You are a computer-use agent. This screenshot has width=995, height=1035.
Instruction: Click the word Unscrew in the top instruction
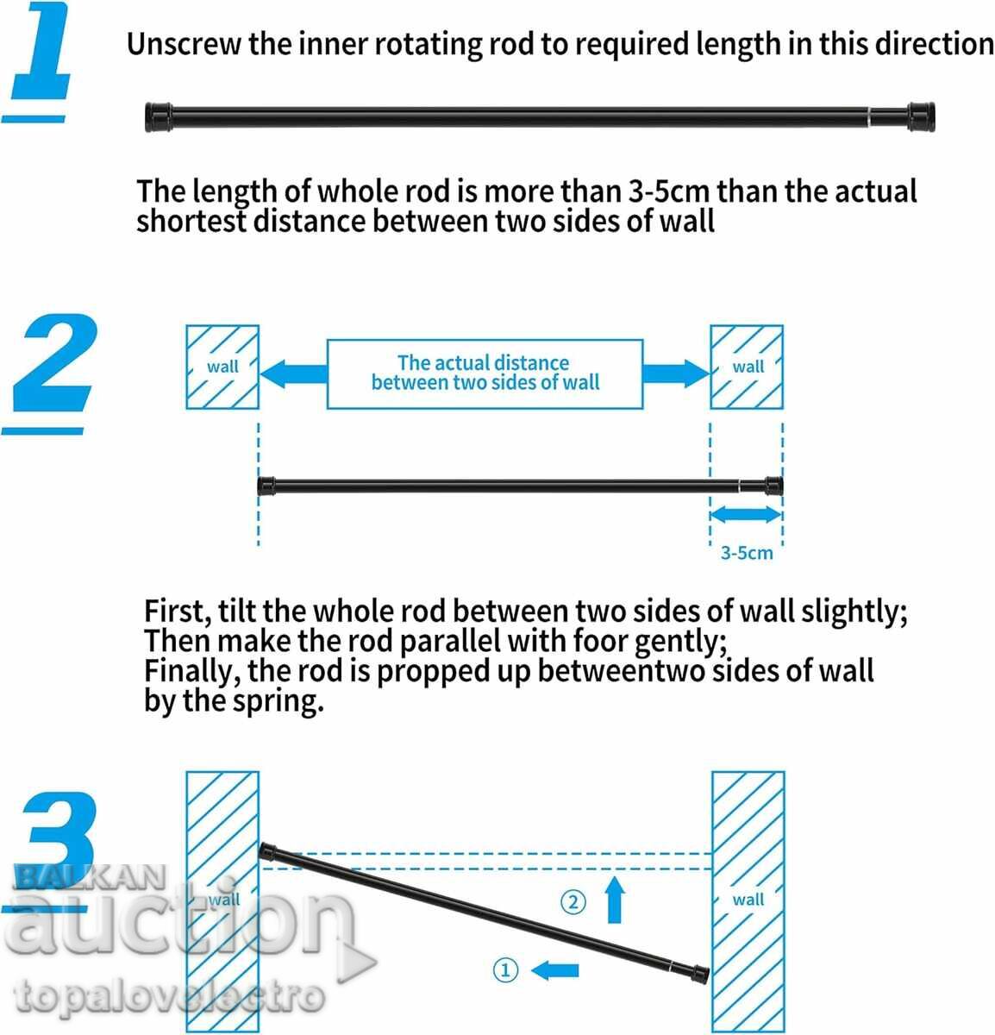pos(184,44)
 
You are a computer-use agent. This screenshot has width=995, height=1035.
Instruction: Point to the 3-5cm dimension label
pos(747,553)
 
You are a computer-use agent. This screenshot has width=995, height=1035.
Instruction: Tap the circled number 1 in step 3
pos(505,969)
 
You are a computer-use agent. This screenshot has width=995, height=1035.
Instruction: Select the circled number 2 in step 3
pos(573,902)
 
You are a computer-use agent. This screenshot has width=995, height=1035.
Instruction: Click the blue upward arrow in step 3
pos(615,900)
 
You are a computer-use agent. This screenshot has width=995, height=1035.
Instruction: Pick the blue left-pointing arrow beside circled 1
pos(554,970)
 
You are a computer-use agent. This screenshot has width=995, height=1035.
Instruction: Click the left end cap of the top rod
pos(158,117)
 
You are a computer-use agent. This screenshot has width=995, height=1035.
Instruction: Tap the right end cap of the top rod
pos(921,116)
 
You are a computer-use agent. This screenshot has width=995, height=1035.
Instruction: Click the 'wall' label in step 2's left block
pos(222,367)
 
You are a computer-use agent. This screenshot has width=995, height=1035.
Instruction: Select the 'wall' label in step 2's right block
pos(748,367)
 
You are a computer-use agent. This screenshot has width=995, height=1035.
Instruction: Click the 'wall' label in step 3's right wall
pos(748,900)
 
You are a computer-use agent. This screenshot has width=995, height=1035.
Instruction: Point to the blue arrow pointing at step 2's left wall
pos(293,373)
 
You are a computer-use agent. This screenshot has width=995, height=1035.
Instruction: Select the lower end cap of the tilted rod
pos(700,973)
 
